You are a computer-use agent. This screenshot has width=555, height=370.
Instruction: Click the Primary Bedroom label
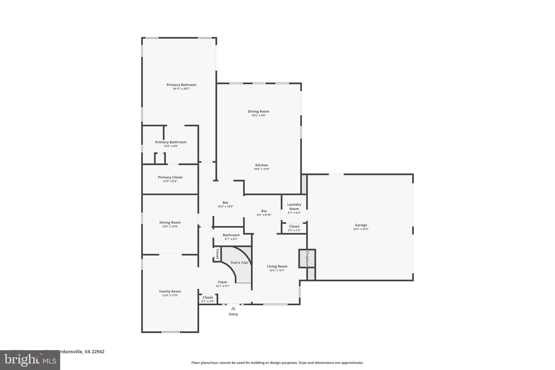tap(181, 85)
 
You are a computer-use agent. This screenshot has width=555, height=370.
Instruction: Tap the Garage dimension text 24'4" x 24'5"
tap(361, 229)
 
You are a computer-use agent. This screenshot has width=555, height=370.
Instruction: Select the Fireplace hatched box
tap(307, 258)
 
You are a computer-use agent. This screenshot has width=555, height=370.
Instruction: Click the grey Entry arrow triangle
tap(233, 308)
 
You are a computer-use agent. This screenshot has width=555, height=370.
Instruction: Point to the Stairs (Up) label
tap(239, 262)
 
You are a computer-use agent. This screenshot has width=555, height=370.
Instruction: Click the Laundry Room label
tap(294, 207)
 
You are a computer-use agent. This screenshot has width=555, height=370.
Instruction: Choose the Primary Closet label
tap(170, 177)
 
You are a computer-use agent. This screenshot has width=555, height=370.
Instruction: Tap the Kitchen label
tap(262, 165)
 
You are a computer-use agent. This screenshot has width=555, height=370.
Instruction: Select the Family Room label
tap(170, 291)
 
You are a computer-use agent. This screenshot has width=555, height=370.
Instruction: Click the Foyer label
tap(223, 282)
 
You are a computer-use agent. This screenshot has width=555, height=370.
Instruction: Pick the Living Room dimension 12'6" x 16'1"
tap(277, 270)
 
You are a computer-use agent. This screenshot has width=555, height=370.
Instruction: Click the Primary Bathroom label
tap(171, 142)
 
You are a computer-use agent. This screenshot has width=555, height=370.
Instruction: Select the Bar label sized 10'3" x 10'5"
tap(225, 202)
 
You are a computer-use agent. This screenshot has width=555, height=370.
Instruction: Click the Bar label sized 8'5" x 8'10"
tap(264, 211)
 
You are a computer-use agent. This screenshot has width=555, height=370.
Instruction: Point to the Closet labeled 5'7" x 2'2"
tap(294, 226)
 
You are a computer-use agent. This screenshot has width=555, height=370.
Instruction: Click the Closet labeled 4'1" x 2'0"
tap(208, 297)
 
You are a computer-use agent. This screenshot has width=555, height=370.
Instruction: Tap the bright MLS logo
tap(30, 360)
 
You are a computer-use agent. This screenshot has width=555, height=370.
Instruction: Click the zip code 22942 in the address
tap(98, 352)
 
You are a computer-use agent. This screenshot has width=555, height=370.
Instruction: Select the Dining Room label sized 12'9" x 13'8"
tap(170, 223)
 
